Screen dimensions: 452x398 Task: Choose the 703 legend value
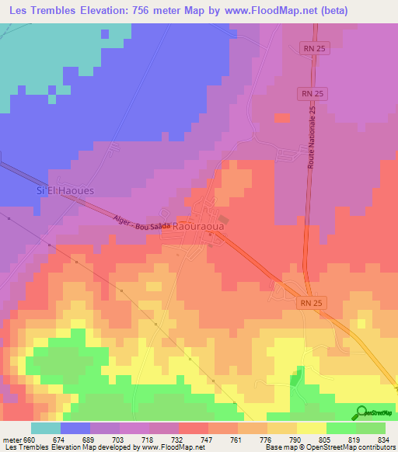tap(118, 440)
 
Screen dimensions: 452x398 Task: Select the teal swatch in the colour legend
tap(45, 428)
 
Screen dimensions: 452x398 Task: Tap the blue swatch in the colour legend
tap(75, 428)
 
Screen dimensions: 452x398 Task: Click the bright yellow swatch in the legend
tap(311, 428)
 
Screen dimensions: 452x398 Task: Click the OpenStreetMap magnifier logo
tap(360, 412)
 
